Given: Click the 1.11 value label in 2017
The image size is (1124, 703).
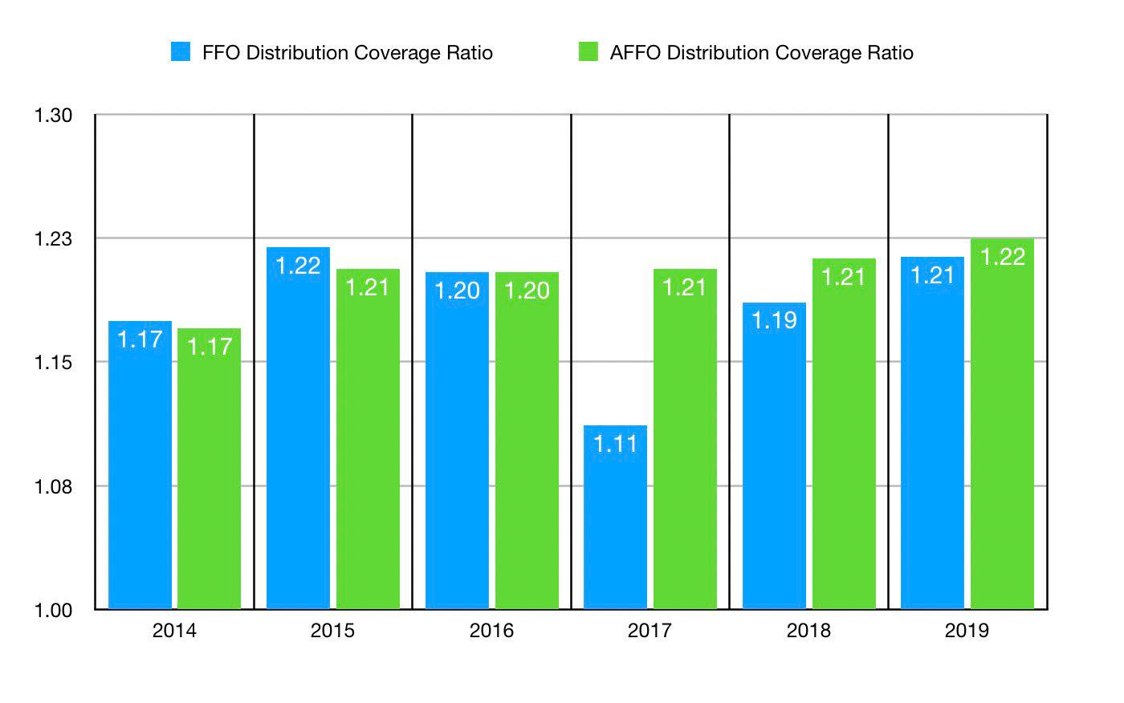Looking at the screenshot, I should (615, 444).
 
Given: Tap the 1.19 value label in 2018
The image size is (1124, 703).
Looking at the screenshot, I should (774, 321).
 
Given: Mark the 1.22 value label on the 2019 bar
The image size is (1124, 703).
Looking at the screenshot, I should (1003, 257).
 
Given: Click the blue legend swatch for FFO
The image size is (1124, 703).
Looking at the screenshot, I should (181, 52).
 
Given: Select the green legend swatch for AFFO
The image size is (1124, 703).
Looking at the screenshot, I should (588, 52).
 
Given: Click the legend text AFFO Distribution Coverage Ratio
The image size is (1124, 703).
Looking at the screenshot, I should (761, 53).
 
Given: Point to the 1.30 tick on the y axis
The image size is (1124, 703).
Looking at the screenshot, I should (53, 116).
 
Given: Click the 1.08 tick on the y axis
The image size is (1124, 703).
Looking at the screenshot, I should (53, 487).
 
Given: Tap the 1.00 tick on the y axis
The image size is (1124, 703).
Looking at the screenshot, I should (53, 611).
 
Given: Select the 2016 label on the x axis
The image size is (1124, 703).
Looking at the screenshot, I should (491, 631).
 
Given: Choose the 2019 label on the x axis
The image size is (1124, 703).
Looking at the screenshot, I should (967, 631).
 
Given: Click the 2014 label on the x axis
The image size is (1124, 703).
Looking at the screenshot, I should (174, 631).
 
